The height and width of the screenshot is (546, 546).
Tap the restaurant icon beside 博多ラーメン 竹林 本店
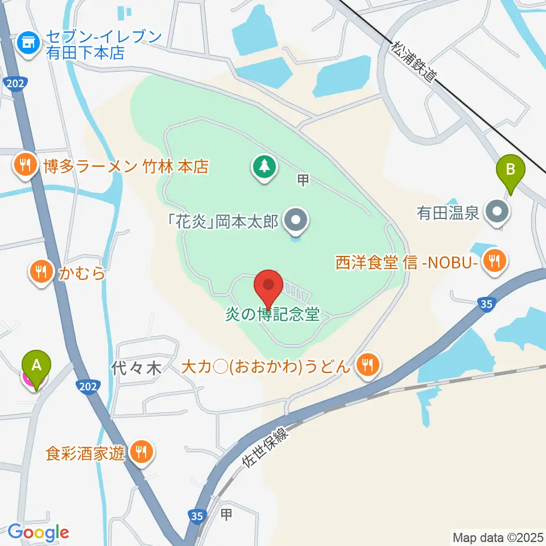(24, 166)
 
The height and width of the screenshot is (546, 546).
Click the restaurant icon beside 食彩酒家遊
(140, 452)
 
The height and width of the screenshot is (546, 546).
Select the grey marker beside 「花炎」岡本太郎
(296, 220)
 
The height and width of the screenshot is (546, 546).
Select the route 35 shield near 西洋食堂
(486, 305)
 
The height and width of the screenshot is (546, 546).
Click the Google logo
(38, 533)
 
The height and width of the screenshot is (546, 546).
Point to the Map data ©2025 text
(497, 536)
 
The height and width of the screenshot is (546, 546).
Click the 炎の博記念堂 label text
(272, 314)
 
